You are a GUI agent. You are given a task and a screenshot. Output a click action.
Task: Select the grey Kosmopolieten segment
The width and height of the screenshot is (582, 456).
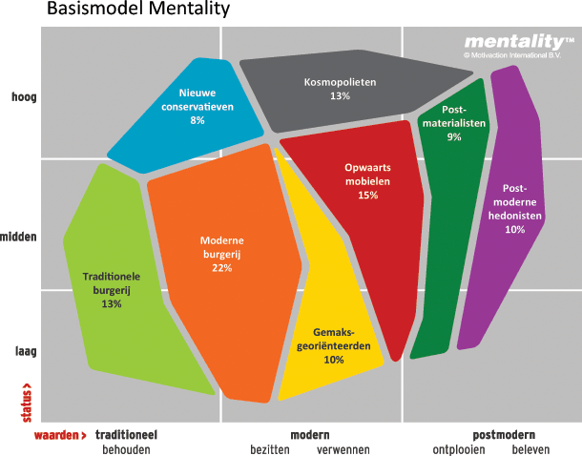340,90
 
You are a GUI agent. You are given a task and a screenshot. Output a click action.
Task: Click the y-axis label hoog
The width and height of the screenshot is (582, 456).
23,97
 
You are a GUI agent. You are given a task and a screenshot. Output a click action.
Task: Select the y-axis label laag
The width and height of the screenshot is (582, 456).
24,350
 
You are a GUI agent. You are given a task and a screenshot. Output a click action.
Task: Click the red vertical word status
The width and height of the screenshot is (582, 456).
26,402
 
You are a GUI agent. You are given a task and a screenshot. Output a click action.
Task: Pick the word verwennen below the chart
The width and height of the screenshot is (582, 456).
343,449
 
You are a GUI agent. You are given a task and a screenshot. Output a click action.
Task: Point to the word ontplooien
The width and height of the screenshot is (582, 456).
459,449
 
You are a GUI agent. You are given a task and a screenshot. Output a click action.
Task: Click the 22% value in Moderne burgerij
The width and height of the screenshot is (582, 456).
221,268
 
